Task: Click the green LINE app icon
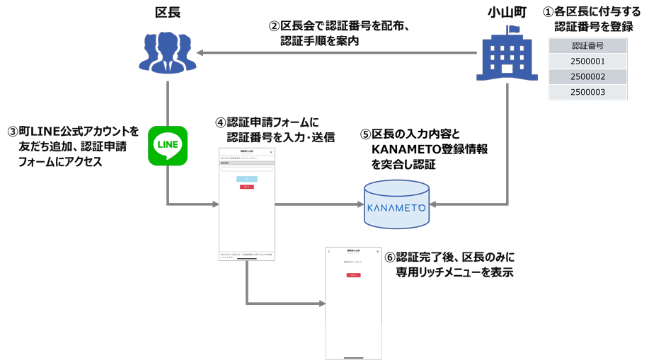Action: (168, 146)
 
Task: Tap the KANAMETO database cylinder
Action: (396, 206)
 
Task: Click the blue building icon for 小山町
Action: (507, 54)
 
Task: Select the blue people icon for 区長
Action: (167, 52)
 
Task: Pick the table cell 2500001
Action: (587, 62)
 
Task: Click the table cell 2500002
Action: (587, 77)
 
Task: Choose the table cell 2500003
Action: (587, 93)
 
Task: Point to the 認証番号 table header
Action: (587, 46)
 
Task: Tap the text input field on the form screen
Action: (246, 169)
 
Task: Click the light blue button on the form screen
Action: (246, 179)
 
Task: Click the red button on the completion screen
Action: (353, 275)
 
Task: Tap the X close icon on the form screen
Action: (270, 152)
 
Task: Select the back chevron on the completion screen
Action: (329, 252)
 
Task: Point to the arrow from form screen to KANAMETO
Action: (318, 205)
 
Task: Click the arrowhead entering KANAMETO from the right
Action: (433, 205)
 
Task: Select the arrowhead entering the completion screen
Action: (321, 304)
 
